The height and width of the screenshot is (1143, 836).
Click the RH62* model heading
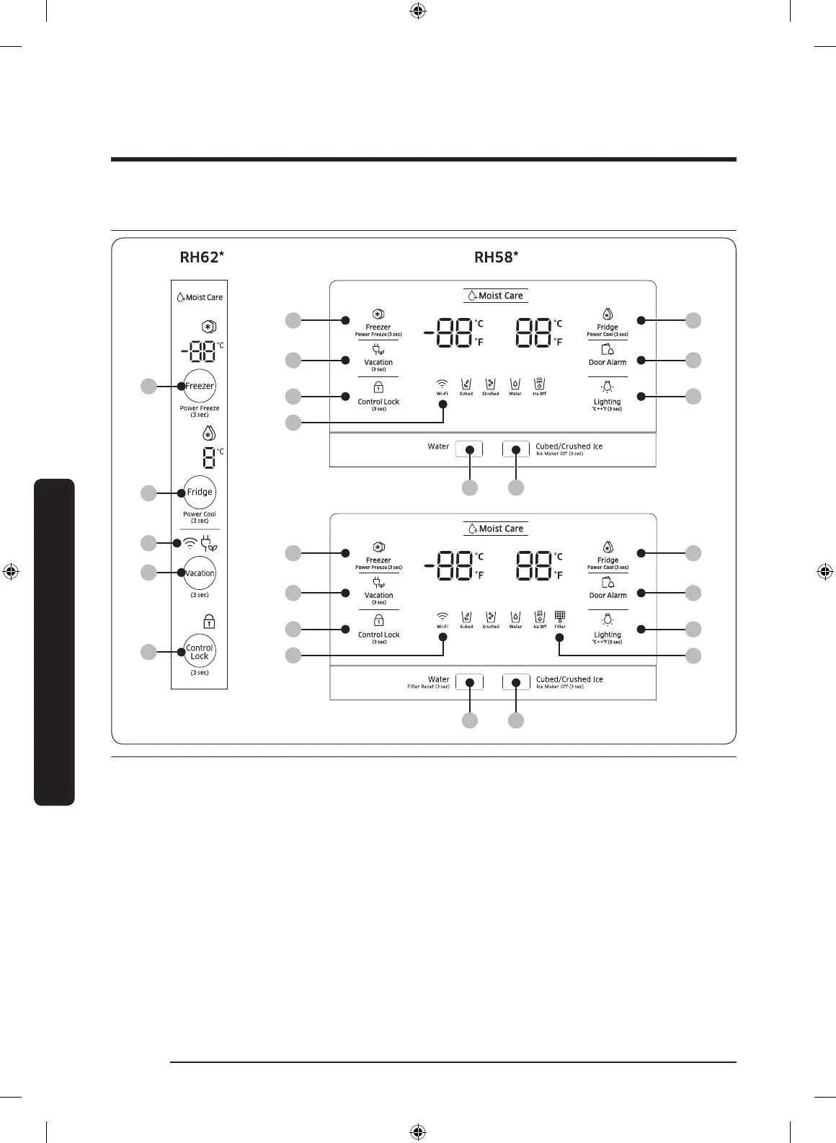[202, 257]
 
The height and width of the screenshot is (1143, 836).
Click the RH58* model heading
[496, 257]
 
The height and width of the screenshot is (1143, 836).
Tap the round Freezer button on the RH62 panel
[200, 386]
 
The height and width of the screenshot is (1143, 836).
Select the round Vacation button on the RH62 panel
[200, 573]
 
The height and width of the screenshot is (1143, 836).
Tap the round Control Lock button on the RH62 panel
[200, 652]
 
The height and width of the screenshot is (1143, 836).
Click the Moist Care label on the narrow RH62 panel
[200, 297]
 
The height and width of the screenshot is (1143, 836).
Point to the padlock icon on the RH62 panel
[209, 622]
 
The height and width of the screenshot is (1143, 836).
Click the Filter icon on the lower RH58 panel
[560, 617]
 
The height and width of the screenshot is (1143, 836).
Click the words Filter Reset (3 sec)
[428, 687]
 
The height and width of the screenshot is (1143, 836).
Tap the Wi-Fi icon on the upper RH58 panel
[442, 384]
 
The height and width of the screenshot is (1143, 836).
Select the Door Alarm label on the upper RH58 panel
[608, 362]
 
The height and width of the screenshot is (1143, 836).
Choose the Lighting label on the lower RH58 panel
[608, 635]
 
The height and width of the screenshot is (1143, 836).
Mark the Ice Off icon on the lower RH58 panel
[540, 617]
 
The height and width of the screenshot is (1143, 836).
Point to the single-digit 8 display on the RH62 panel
[208, 458]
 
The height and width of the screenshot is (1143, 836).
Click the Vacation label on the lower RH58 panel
[378, 595]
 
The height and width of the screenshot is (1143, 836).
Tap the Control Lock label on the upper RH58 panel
[378, 402]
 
